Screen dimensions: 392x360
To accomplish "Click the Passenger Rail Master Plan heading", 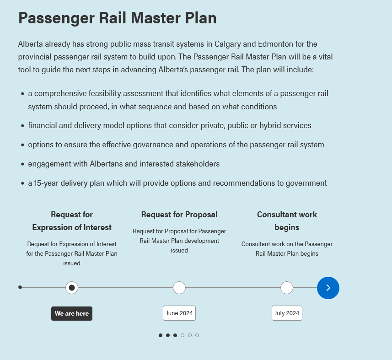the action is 117,18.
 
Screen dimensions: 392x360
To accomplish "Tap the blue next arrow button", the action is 328,288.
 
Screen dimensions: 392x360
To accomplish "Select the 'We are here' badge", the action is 72,313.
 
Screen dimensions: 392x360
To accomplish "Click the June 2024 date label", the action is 179,313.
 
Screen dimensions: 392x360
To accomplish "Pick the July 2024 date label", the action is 287,313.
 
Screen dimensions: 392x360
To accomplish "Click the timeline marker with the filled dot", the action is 72,288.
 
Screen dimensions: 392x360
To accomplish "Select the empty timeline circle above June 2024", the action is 179,288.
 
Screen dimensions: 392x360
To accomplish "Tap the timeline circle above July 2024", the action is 287,288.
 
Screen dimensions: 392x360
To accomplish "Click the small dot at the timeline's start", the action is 20,288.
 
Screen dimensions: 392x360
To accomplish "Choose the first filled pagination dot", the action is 161,335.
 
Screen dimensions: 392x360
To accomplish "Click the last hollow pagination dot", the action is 197,335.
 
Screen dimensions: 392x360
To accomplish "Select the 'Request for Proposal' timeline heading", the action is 179,215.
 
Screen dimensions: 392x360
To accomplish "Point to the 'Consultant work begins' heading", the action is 287,221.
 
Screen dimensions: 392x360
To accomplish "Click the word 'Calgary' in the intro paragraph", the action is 227,44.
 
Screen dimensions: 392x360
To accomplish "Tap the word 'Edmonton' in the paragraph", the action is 275,44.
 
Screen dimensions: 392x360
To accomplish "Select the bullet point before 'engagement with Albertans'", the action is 23,164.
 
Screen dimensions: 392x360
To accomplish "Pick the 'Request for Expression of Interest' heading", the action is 72,221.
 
